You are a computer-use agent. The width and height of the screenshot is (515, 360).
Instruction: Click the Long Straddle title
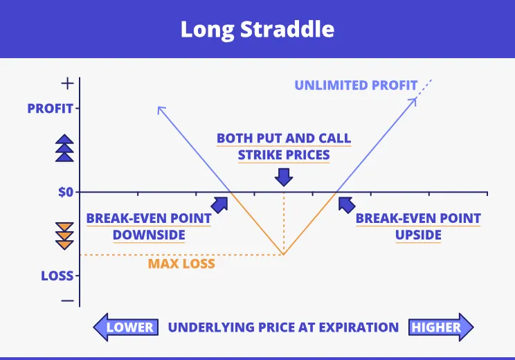point(257,30)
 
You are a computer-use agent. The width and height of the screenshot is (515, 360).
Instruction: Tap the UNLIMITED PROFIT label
point(356,85)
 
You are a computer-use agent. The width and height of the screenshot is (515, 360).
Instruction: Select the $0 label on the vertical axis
point(66,192)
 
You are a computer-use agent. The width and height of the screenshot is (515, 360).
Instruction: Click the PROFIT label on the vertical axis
point(51,109)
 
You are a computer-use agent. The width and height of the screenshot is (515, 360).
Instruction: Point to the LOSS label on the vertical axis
point(57,276)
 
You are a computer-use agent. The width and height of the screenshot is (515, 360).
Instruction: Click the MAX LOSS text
point(181,264)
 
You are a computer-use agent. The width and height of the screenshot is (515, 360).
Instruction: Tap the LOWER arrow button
point(126,327)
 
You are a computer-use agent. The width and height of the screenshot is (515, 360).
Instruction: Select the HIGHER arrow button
point(441,327)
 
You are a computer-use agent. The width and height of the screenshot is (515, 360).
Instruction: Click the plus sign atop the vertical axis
point(68,84)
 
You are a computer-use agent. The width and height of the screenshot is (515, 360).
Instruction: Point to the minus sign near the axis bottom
point(68,300)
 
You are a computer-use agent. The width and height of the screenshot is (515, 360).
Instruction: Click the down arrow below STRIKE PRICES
point(284,177)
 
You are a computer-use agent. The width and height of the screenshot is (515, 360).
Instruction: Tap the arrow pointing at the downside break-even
point(219,205)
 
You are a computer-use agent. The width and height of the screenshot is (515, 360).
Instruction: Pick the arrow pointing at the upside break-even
point(347,205)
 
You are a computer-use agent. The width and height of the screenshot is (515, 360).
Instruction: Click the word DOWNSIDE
point(149,235)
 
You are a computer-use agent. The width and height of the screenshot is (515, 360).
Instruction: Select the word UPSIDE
point(418,235)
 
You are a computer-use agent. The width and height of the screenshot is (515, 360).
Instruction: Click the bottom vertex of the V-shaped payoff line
point(283,255)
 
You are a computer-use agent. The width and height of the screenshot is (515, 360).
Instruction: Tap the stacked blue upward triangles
point(64,148)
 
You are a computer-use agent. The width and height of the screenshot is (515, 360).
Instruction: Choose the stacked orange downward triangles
point(64,236)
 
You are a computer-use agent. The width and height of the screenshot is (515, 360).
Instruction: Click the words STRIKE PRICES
point(284,155)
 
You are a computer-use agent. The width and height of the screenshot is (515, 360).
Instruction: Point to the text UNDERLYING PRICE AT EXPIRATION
point(283,327)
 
